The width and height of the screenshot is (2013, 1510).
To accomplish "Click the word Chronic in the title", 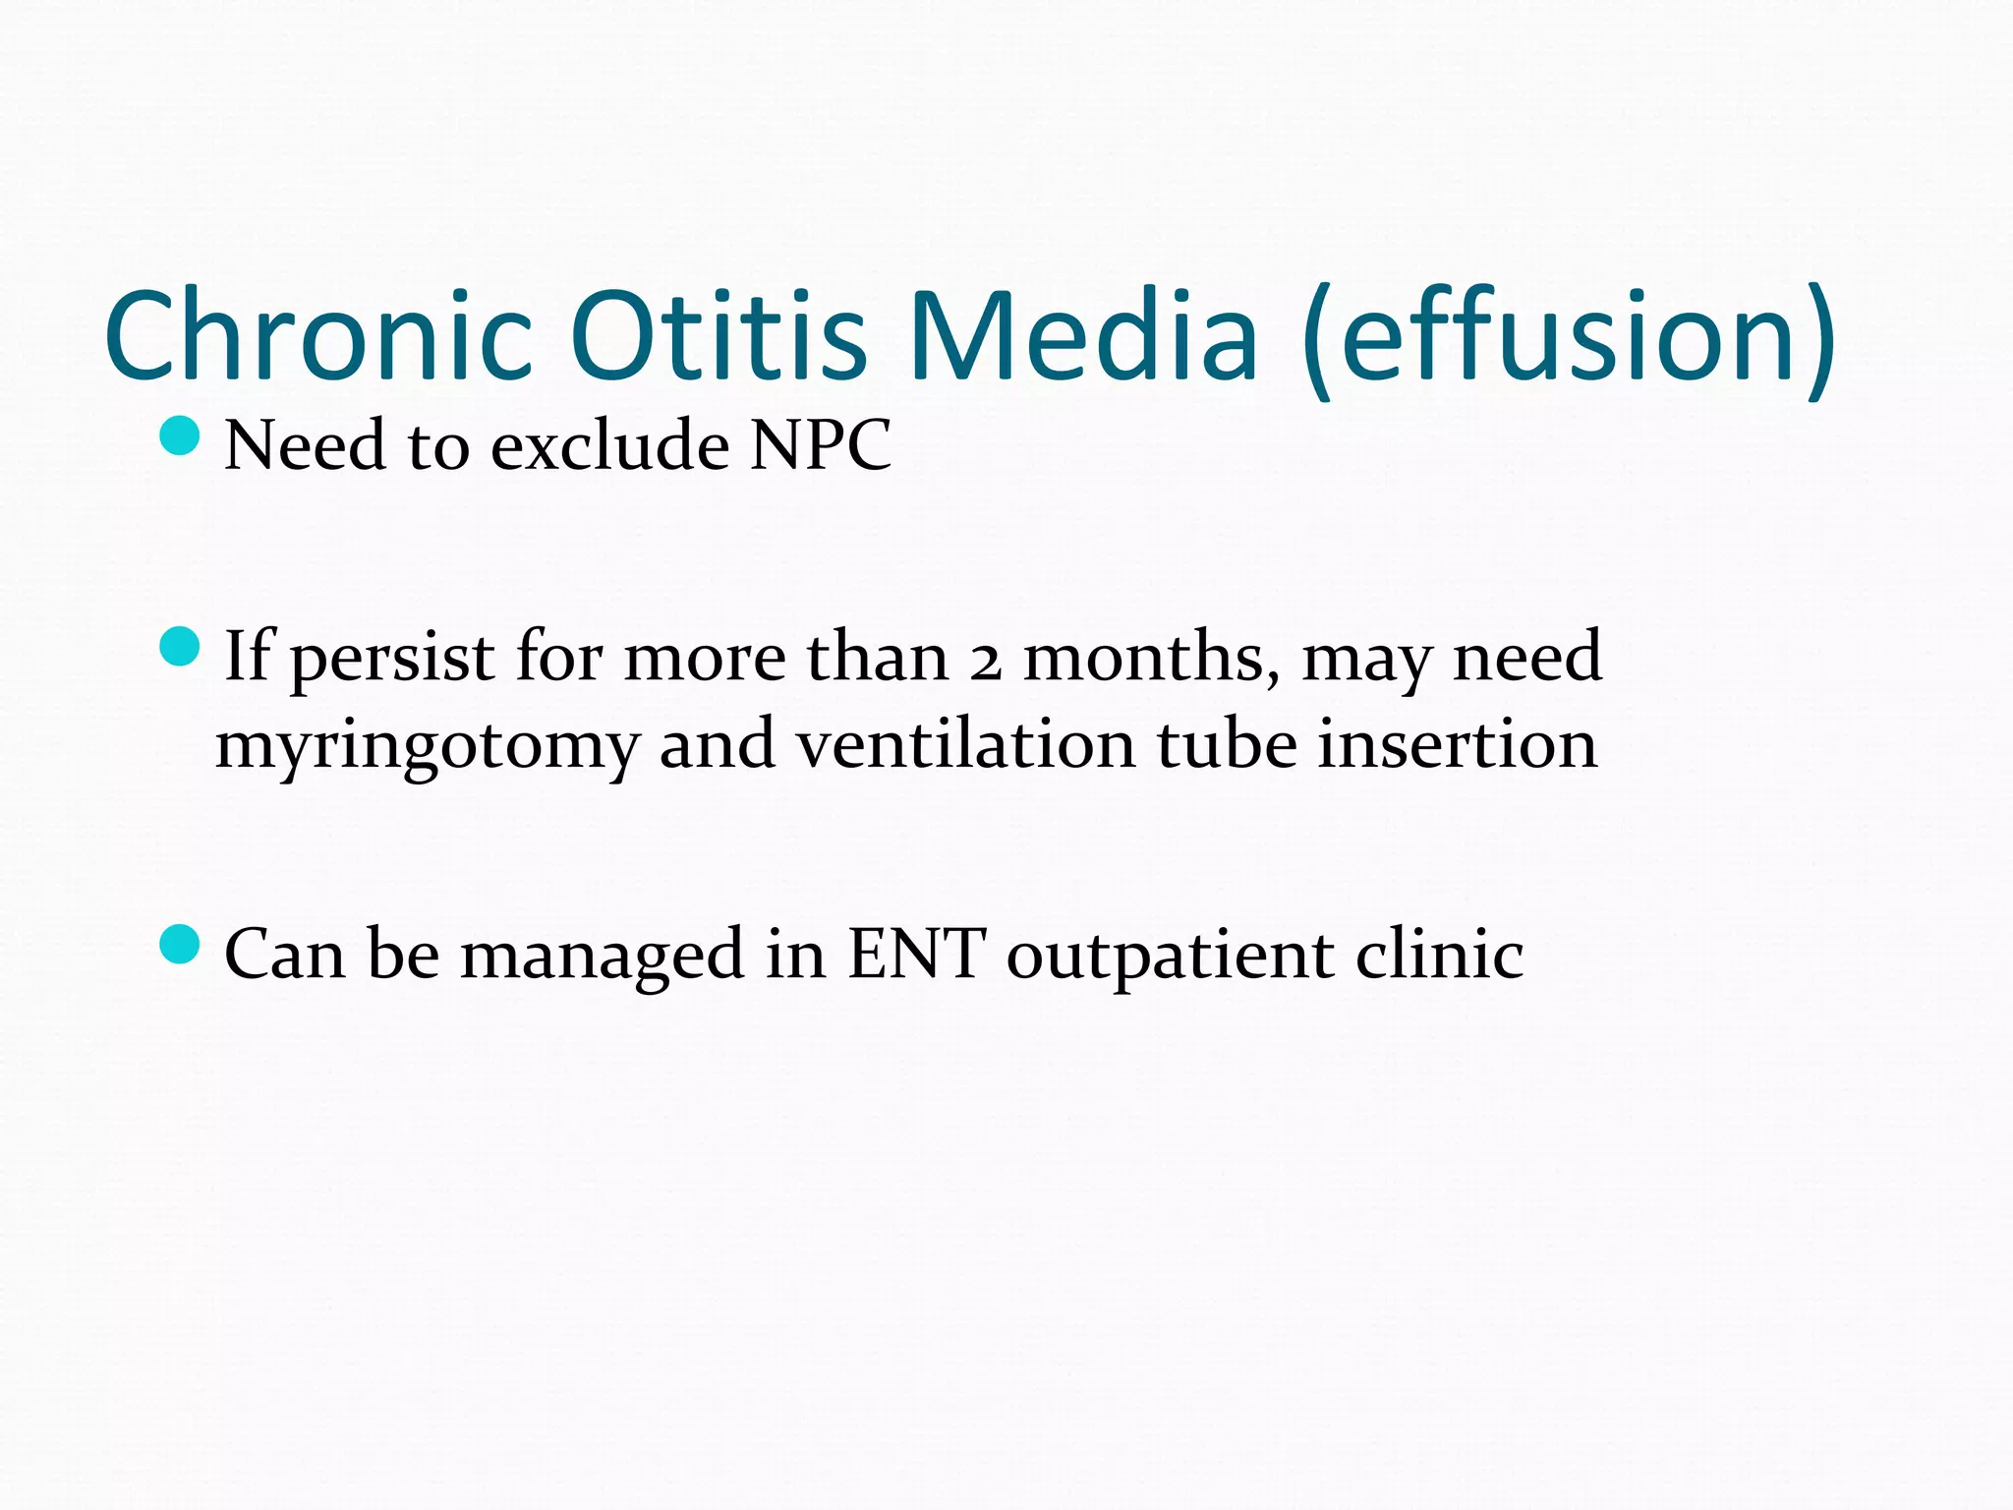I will (x=318, y=336).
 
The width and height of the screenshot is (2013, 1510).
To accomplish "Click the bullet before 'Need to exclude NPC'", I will (x=179, y=435).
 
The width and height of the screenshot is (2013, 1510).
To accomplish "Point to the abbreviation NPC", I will (x=820, y=446).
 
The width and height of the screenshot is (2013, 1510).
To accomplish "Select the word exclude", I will (x=609, y=446).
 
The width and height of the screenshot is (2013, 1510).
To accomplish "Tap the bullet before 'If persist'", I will (x=179, y=646).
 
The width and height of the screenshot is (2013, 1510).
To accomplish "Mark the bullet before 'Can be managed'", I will (x=179, y=945).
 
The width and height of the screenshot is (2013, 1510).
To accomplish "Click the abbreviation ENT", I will (x=915, y=954).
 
